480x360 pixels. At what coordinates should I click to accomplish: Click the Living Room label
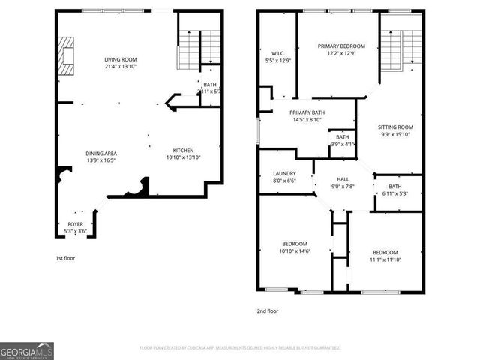tap(120, 62)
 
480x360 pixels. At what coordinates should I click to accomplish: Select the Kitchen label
tap(183, 153)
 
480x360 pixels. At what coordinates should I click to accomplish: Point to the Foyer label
tap(76, 227)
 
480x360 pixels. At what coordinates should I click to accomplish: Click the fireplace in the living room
tap(68, 56)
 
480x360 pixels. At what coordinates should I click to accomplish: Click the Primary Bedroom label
tap(336, 49)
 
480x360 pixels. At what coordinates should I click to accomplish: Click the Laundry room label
tap(284, 177)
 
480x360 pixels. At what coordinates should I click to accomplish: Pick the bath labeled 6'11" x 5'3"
tap(395, 190)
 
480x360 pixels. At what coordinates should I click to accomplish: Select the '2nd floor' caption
tap(268, 309)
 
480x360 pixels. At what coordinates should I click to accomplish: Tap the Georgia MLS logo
tap(26, 349)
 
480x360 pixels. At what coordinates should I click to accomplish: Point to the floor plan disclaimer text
tap(240, 348)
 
